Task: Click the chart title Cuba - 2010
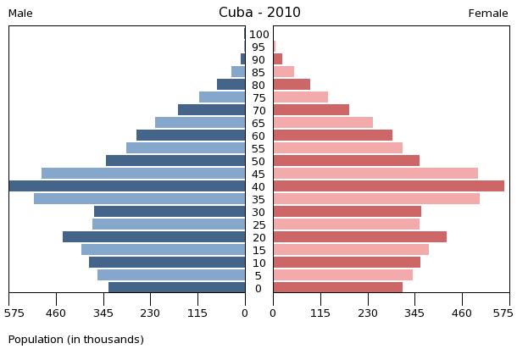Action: coord(259,13)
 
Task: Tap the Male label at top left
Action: coord(20,14)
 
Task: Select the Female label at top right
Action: coord(488,14)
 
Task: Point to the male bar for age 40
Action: coord(127,186)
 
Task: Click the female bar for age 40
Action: coord(388,186)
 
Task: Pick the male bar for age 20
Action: coord(153,237)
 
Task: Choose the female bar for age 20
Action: coord(359,237)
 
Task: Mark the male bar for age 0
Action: coord(176,288)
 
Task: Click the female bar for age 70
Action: coord(311,110)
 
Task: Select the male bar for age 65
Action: coord(200,123)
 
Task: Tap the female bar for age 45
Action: coord(375,174)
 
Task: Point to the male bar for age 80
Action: coord(231,85)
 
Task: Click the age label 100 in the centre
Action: coord(259,34)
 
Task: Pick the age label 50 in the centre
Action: coord(259,161)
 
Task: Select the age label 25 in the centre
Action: coord(259,224)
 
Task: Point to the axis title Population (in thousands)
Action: coord(76,340)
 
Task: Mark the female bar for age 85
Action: coord(283,72)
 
